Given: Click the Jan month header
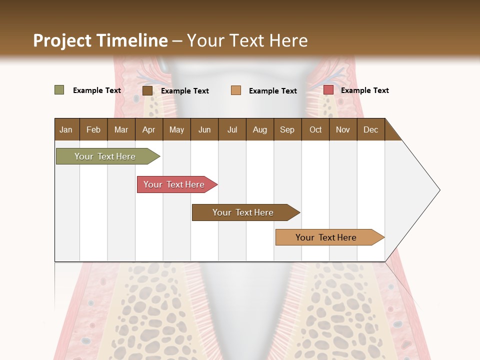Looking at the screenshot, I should (x=66, y=129).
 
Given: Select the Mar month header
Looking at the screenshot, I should (x=121, y=129).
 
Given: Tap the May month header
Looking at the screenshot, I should (x=176, y=129).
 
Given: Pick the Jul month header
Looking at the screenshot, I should (x=232, y=129).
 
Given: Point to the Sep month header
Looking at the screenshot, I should (x=287, y=129).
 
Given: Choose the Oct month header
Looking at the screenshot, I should (x=315, y=129).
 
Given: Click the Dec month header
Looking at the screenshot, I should (x=370, y=129).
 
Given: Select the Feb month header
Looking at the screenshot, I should (x=93, y=129).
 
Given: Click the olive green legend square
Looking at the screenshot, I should (x=59, y=90).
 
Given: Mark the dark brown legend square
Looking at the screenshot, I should (x=147, y=90).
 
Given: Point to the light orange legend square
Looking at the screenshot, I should (x=236, y=90).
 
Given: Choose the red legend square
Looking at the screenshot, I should (x=328, y=90).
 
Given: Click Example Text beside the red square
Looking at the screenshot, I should (x=364, y=90).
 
